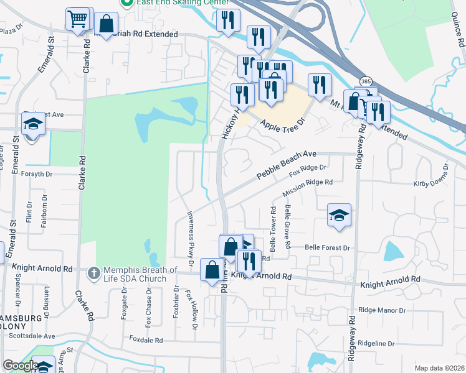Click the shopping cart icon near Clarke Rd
point(78,19)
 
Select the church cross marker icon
point(93,272)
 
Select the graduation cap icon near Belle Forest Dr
point(339,215)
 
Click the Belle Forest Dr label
point(328,247)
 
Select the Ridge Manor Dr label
point(382,310)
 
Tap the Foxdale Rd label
point(146,340)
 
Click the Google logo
point(21,366)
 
